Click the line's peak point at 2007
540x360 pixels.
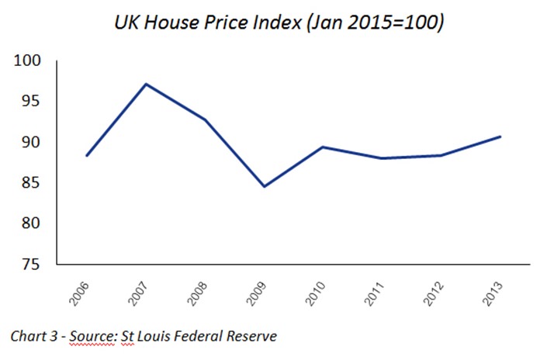[147, 84]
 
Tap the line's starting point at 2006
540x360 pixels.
[87, 156]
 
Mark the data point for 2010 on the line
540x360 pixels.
[322, 147]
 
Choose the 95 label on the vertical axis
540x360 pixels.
[33, 102]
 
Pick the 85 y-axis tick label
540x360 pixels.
[33, 183]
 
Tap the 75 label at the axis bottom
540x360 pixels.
[33, 264]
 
